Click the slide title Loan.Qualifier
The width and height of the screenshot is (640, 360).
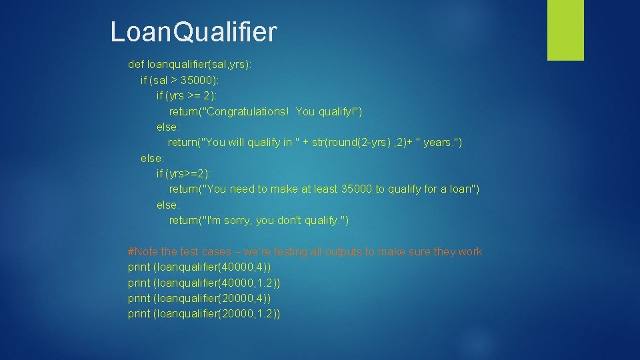[x=193, y=32]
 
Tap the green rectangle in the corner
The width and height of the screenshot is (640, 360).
[x=565, y=29]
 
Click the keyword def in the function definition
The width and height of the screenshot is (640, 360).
[x=136, y=65]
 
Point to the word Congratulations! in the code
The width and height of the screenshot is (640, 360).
[x=249, y=111]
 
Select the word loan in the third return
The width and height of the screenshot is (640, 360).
[x=459, y=189]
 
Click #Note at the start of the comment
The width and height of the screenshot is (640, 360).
[x=143, y=252]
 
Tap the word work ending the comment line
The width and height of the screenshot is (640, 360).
[x=470, y=252]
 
